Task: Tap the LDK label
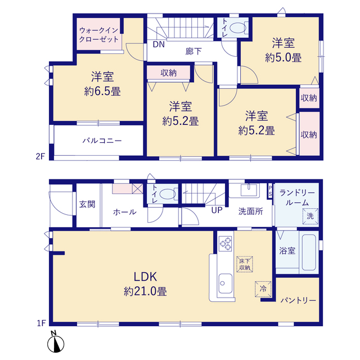145,277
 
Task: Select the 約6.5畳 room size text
102,92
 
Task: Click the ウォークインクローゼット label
99,34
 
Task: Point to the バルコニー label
102,141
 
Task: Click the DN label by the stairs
159,44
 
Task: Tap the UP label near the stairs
217,210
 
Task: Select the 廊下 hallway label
193,51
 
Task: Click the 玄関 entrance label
87,204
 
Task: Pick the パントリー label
298,300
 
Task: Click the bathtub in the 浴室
309,253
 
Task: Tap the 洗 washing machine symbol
310,216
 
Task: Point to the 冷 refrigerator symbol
263,289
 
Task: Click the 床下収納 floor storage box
245,264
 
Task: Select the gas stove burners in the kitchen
225,244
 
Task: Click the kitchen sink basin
225,283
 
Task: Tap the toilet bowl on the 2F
237,28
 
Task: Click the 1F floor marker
42,323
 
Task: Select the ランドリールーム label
297,197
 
